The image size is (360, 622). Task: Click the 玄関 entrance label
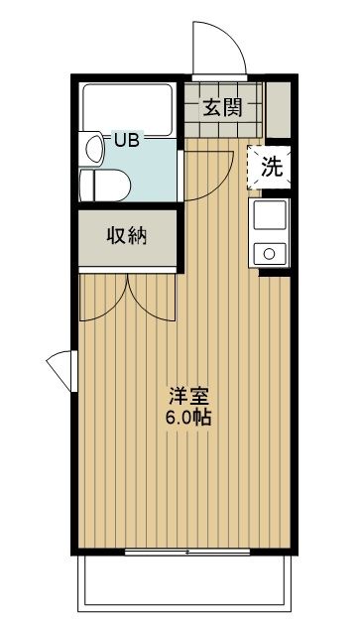tap(224, 108)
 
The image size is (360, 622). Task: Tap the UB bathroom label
tap(126, 140)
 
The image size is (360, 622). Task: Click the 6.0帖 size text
tap(189, 417)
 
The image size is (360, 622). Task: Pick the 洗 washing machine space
tap(270, 167)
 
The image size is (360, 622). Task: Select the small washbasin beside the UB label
tap(94, 148)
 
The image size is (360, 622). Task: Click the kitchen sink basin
tap(270, 213)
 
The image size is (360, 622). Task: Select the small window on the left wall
tap(59, 371)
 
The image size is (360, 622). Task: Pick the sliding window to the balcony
tap(188, 551)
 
